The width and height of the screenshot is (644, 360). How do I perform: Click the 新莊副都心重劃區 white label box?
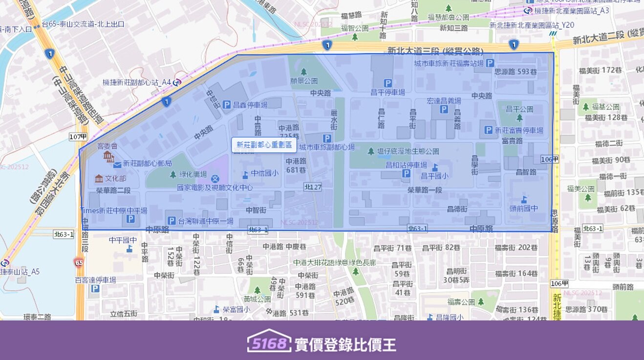pos(264,145)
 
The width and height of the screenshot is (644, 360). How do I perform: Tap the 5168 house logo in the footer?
pos(269,343)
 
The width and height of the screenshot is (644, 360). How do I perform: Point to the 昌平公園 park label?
pos(519,109)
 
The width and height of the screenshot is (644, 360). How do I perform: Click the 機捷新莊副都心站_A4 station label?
pos(137,83)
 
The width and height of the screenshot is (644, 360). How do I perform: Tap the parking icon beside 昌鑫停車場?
pos(227,105)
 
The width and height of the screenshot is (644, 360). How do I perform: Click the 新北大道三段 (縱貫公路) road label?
pos(435,50)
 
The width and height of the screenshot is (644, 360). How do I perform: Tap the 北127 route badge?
pos(313,187)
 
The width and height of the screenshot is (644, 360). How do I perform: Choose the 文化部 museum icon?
pos(99,178)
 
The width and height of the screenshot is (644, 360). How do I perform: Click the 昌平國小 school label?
pos(434,176)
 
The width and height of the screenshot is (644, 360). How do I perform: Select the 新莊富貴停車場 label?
pos(518,130)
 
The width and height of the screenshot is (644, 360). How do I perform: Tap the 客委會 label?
pos(107,146)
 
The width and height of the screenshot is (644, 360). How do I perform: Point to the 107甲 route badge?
pos(78,137)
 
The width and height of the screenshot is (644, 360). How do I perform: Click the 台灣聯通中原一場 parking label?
pos(206,221)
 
